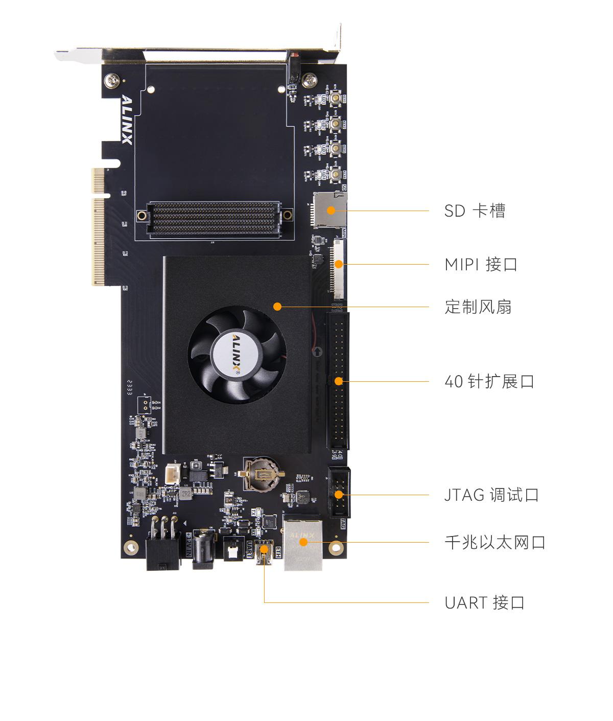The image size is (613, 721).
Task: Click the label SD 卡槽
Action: click(475, 211)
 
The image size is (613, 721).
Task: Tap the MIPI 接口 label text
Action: click(481, 265)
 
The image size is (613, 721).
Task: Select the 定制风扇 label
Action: click(478, 307)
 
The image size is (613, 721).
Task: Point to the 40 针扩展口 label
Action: click(489, 381)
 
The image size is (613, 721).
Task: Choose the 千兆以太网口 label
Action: click(494, 542)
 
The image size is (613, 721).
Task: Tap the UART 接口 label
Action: click(484, 602)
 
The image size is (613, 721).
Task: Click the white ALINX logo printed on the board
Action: click(126, 120)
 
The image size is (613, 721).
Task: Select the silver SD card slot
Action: click(329, 210)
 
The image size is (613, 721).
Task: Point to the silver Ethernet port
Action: click(303, 543)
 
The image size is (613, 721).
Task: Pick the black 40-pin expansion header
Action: click(337, 381)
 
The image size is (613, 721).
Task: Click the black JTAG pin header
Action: click(339, 494)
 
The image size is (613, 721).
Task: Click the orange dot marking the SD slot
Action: click(331, 210)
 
